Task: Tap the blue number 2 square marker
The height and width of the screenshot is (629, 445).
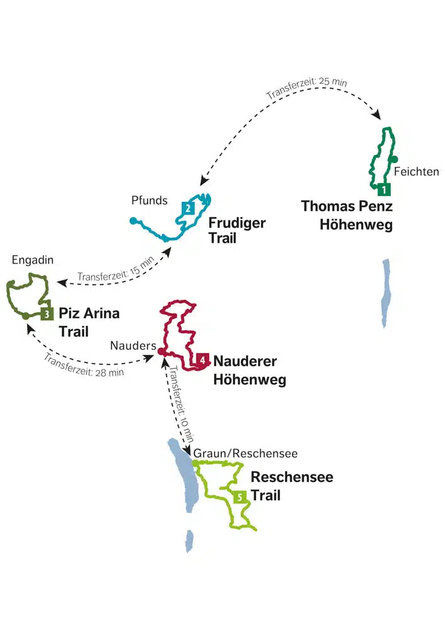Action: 188,208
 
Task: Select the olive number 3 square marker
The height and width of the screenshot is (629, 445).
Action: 47,313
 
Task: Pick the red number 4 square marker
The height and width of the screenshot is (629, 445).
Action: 202,360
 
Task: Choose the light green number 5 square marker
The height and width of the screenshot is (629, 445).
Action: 240,497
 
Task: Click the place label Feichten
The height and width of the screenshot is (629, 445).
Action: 416,171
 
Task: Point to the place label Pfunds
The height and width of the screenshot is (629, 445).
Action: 149,201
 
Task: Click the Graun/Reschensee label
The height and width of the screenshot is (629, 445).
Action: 245,453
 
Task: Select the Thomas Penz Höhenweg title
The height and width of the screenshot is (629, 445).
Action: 347,215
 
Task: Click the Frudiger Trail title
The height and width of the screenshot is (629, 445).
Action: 237,231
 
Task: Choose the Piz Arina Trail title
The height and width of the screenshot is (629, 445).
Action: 89,321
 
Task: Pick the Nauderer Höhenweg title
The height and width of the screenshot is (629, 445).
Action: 250,370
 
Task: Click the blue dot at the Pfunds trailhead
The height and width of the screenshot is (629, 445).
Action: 133,220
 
